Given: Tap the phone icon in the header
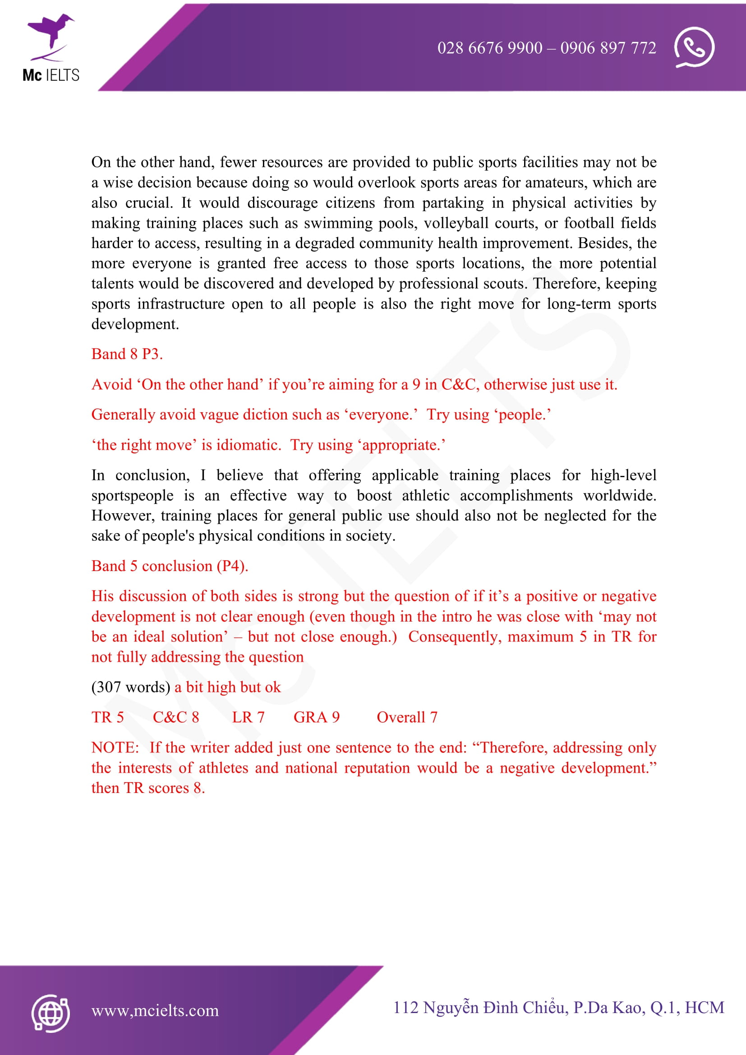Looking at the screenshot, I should point(694,47).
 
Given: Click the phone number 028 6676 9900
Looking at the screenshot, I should point(490,48).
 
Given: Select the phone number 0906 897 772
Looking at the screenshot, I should point(608,48).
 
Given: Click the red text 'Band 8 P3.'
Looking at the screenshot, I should point(127,354).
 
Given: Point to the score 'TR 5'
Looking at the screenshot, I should point(107,717).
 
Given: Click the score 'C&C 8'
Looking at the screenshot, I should point(176,717).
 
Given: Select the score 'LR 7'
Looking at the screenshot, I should point(248,717).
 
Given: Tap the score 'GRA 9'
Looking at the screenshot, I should point(317,717).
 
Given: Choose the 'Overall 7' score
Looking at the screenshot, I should point(407,717).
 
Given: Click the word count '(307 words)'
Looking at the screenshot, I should point(131,687).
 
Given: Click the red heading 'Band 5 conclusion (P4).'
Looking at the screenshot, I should point(170,566).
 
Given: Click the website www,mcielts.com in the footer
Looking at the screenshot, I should point(155,1010).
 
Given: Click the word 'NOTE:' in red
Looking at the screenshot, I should point(115,747).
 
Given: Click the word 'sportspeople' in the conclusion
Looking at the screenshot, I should point(132,495).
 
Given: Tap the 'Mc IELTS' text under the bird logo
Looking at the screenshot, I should point(51,75).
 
